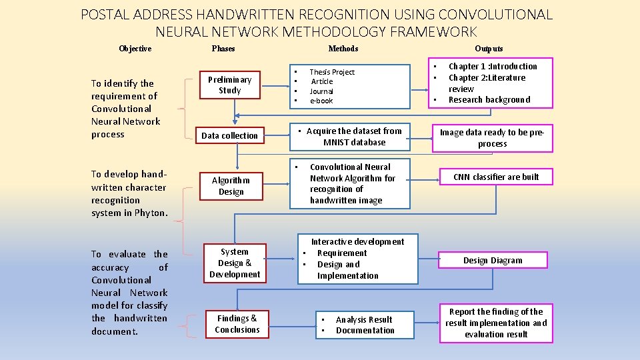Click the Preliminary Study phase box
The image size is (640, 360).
(x=229, y=85)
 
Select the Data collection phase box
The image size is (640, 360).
(x=229, y=135)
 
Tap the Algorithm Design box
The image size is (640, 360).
(x=231, y=186)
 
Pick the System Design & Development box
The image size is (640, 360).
(x=235, y=263)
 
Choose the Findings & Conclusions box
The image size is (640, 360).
(x=237, y=324)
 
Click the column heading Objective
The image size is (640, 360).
(x=135, y=49)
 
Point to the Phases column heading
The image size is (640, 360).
(x=223, y=49)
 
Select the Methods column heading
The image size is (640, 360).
(x=343, y=49)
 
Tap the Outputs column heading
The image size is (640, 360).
(x=489, y=49)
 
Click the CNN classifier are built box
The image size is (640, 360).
(x=496, y=177)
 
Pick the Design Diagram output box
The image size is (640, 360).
(x=493, y=260)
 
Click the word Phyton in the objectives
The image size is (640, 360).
(x=151, y=213)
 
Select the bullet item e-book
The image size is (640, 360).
(x=321, y=101)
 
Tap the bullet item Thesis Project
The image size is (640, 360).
(x=332, y=72)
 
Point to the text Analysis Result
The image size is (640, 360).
(x=364, y=319)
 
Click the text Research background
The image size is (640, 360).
(x=489, y=100)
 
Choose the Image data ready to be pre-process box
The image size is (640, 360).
(x=492, y=138)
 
